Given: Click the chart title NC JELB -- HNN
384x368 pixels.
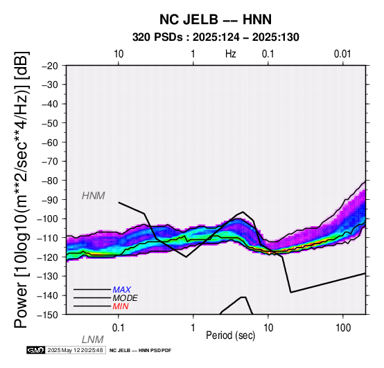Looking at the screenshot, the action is (x=216, y=19).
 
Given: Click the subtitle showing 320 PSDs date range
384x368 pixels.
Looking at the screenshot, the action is (x=216, y=37).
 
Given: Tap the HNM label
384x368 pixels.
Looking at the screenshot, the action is (x=94, y=196).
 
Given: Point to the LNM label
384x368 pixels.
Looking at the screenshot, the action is (x=93, y=340).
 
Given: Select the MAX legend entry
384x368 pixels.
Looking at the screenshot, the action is (x=122, y=290).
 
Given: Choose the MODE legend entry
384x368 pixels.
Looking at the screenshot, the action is (x=125, y=298).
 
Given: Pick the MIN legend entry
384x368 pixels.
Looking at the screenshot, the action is (x=121, y=306).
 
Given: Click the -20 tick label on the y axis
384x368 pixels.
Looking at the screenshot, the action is (x=50, y=66).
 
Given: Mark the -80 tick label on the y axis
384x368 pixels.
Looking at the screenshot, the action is (x=50, y=181).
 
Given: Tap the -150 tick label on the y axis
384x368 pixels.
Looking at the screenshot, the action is (x=48, y=315).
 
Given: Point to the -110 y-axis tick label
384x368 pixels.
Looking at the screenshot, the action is (x=48, y=238).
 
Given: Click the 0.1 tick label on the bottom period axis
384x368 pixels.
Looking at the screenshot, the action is (x=119, y=328).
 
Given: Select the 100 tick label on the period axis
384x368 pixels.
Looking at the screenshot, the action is (x=343, y=328).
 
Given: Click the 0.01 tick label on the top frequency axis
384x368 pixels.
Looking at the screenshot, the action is (x=342, y=54).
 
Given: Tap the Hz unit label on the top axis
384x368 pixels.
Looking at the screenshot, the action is (x=231, y=54).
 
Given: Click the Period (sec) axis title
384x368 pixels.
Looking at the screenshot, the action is (x=230, y=335).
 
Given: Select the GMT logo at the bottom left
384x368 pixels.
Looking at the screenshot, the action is (x=36, y=350).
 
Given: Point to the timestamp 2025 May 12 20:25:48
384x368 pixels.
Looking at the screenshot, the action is (x=75, y=350).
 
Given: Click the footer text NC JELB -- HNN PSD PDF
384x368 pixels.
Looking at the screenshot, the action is (x=140, y=351).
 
